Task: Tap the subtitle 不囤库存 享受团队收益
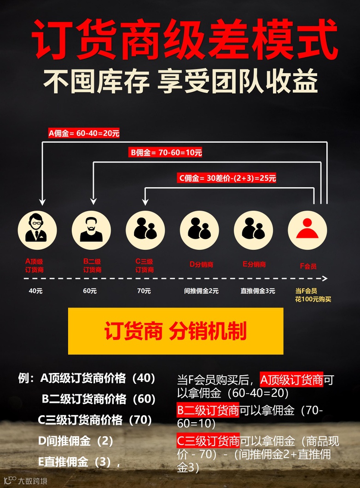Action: [x=180, y=82]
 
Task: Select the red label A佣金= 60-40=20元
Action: [x=84, y=134]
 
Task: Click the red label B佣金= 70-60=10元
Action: [x=166, y=153]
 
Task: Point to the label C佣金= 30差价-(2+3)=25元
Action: [x=227, y=178]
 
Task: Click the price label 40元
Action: [x=35, y=291]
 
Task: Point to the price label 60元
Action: [x=90, y=291]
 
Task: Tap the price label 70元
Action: [x=144, y=291]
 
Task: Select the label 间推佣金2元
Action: [x=201, y=291]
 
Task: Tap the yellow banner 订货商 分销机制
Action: [x=175, y=331]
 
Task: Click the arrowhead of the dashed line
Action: [x=325, y=278]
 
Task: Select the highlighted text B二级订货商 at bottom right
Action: [x=208, y=409]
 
